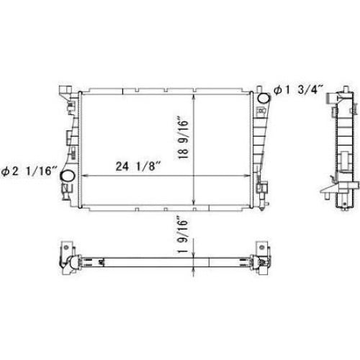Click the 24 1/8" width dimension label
click(x=138, y=166)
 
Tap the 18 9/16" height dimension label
click(x=184, y=138)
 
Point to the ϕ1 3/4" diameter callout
click(x=299, y=90)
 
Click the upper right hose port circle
click(x=264, y=98)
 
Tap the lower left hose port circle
click(x=68, y=176)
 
